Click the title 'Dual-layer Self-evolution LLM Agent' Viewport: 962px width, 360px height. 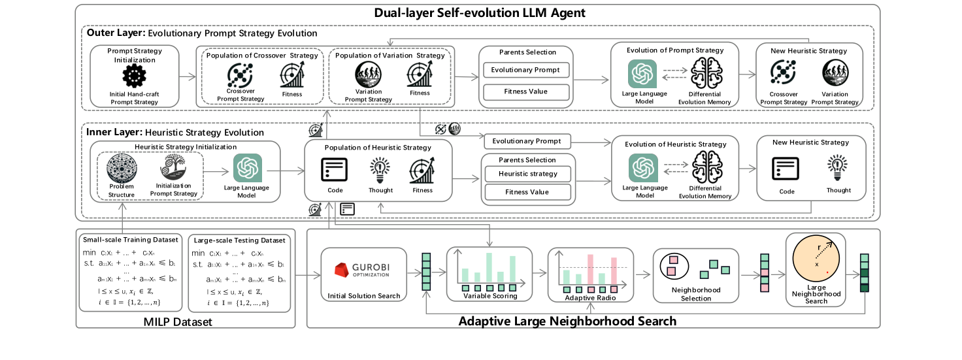coord(480,12)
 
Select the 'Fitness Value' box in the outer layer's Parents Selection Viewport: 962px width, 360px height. coord(525,91)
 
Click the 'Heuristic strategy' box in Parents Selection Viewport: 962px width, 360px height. coord(527,174)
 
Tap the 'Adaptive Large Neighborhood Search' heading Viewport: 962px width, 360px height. coord(567,321)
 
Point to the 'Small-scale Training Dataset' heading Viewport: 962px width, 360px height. coord(131,240)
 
